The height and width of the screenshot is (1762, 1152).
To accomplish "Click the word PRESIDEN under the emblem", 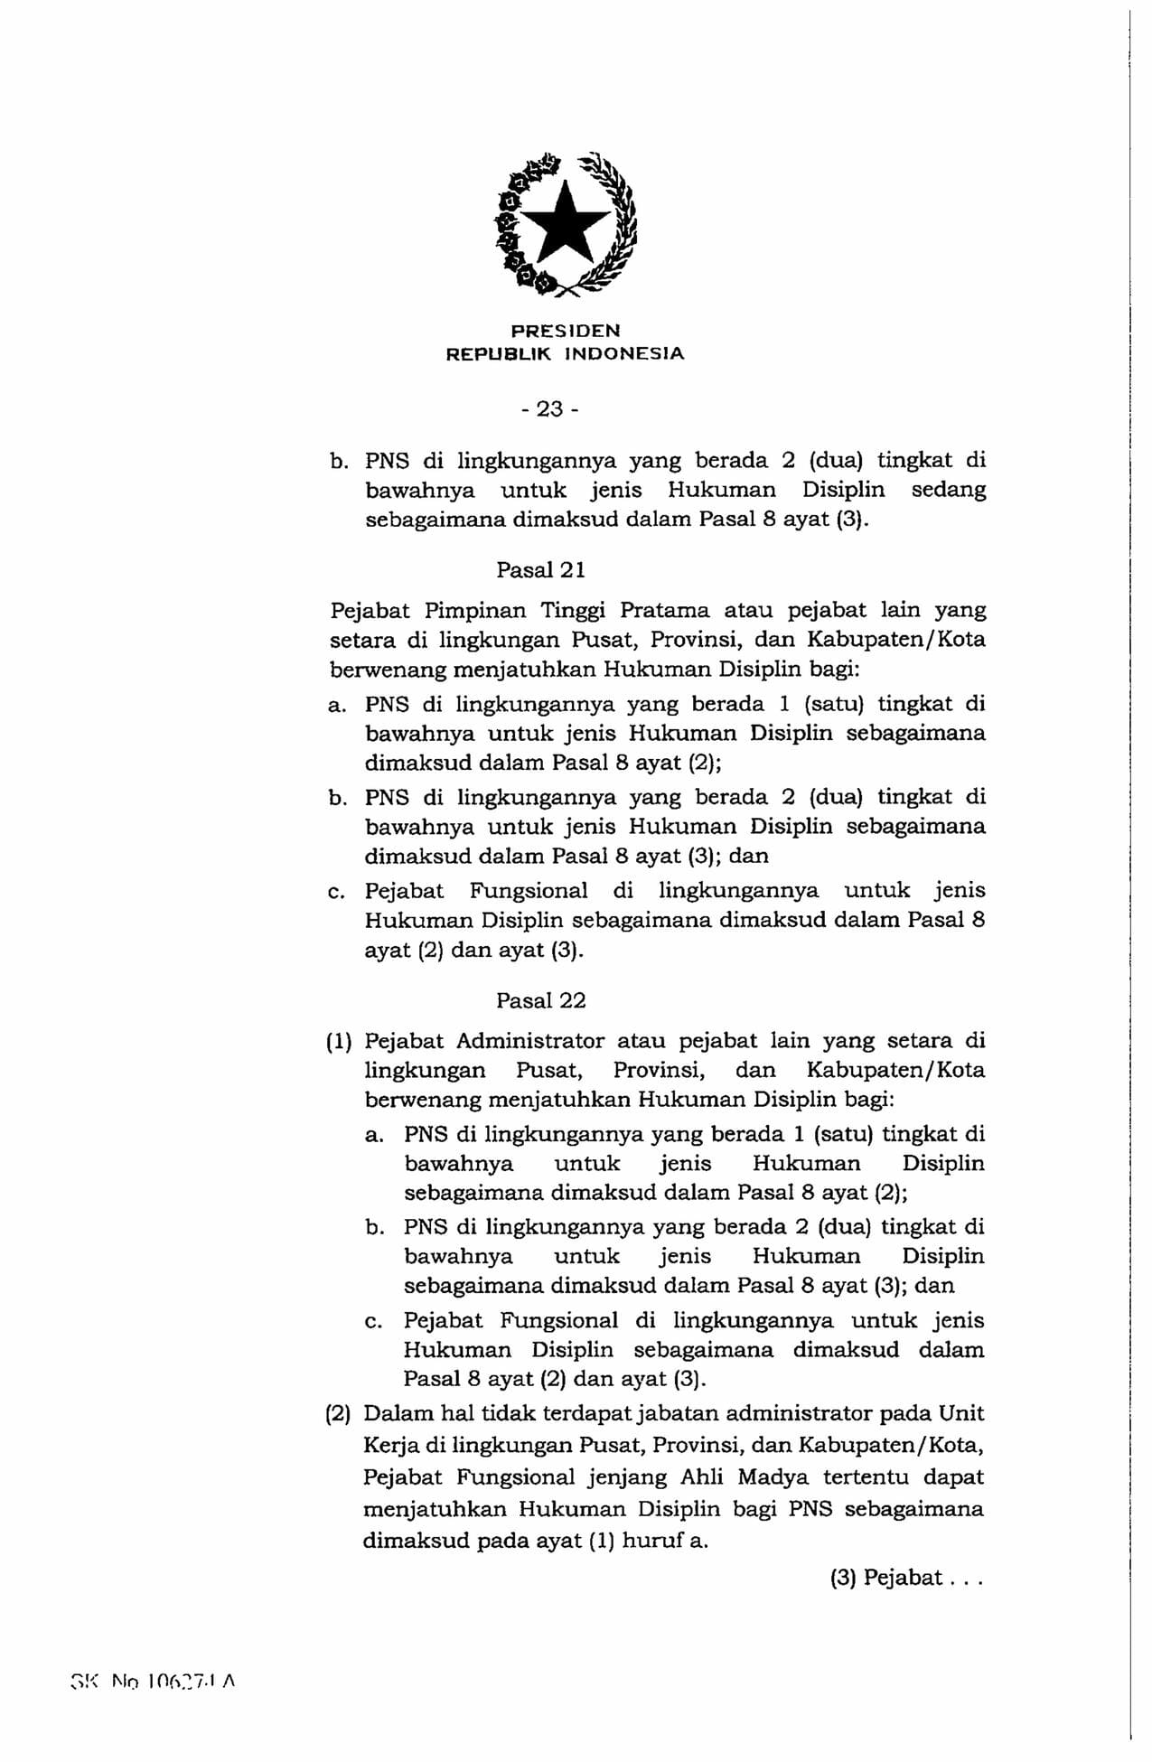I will pos(566,331).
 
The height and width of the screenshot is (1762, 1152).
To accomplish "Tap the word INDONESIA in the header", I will pos(624,354).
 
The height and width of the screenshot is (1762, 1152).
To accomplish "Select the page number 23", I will pos(549,409).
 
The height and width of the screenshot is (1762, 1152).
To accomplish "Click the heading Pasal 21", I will pos(540,570).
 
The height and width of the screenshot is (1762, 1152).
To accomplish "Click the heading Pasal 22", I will pos(540,1000).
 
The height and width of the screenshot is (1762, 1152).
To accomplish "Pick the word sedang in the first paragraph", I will pos(948,490).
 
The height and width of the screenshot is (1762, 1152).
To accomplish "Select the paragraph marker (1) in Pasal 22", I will pos(339,1041).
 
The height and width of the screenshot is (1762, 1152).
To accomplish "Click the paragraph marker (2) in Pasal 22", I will pos(338,1413).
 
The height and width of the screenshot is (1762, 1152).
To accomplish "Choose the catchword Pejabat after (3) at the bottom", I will pos(903,1578).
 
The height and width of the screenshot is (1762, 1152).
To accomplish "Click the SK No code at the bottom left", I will pos(153,1682).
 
